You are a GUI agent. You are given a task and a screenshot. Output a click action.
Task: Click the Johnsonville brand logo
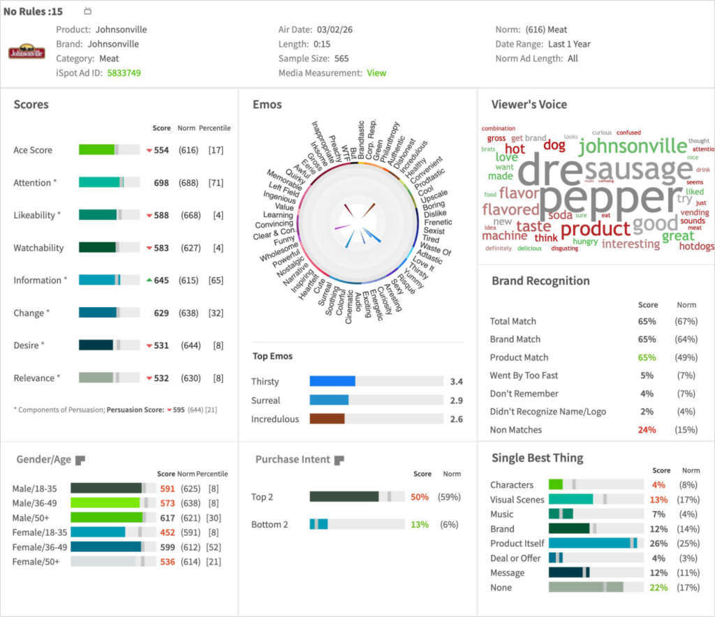pyautogui.click(x=27, y=52)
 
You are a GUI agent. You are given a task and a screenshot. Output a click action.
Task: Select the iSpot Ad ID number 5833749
pyautogui.click(x=124, y=73)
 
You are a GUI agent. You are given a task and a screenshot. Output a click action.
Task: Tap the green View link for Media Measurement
pyautogui.click(x=376, y=73)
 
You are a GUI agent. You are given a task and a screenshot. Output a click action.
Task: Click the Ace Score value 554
pyautogui.click(x=161, y=150)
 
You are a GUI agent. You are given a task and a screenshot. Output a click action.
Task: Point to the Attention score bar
pyautogui.click(x=101, y=182)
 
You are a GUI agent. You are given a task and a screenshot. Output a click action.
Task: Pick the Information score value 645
pyautogui.click(x=161, y=280)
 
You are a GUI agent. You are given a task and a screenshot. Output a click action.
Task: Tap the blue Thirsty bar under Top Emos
pyautogui.click(x=332, y=381)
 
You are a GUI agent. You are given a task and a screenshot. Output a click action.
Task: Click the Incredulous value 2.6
pyautogui.click(x=457, y=419)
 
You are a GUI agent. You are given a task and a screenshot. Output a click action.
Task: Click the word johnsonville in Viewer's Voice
pyautogui.click(x=633, y=146)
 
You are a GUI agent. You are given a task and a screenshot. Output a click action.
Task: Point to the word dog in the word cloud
pyautogui.click(x=554, y=145)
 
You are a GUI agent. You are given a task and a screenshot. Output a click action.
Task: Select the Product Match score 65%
pyautogui.click(x=647, y=357)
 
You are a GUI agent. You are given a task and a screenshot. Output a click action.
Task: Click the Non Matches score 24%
pyautogui.click(x=647, y=430)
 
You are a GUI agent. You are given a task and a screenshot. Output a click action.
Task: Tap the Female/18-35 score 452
pyautogui.click(x=167, y=532)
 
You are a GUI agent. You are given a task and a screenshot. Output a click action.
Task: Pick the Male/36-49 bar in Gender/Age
pyautogui.click(x=105, y=503)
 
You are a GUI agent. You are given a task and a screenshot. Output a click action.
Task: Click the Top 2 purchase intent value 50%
pyautogui.click(x=420, y=497)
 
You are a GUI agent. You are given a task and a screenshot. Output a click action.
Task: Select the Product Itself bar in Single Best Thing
pyautogui.click(x=590, y=543)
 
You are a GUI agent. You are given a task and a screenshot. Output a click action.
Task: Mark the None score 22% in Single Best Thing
pyautogui.click(x=658, y=588)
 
